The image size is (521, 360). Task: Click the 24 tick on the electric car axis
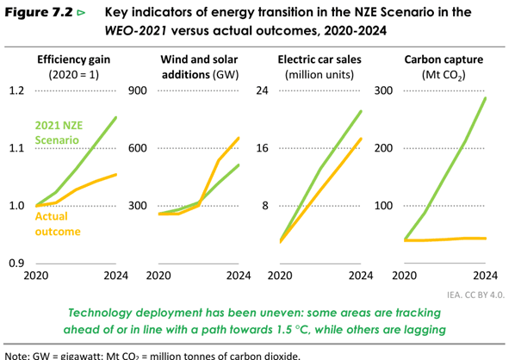(261, 90)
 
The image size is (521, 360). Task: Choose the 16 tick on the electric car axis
(261, 148)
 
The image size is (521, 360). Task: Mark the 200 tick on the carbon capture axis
(383, 148)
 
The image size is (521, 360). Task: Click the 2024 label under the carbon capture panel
(486, 276)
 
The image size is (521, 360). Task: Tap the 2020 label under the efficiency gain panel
(36, 276)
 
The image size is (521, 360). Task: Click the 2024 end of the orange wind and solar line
(239, 138)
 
